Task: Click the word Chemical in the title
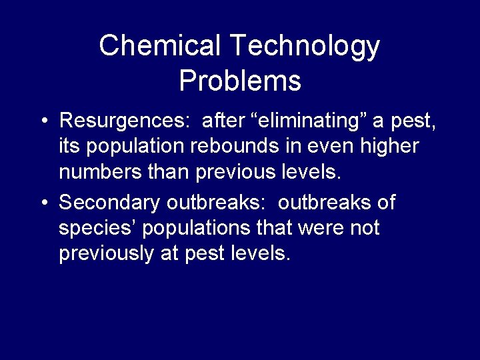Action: point(159,46)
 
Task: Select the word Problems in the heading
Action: point(240,81)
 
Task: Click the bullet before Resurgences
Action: point(43,121)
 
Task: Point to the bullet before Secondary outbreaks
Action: point(43,202)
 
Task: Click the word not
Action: point(365,228)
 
